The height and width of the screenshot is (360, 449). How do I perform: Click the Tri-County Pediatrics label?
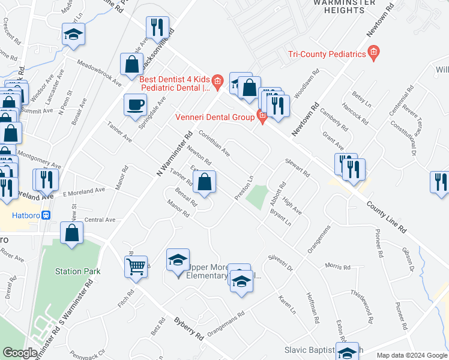tap(327, 54)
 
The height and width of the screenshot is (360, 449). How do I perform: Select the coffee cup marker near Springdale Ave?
tap(135, 104)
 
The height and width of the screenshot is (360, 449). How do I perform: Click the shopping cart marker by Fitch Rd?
tap(136, 265)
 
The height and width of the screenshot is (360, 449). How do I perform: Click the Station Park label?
tap(77, 271)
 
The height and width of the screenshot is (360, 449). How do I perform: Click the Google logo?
tap(20, 353)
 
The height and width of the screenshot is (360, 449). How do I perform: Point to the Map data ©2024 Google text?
tap(411, 355)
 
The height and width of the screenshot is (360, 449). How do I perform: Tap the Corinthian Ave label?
tap(214, 144)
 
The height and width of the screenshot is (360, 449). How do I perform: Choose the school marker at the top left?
tap(73, 34)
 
